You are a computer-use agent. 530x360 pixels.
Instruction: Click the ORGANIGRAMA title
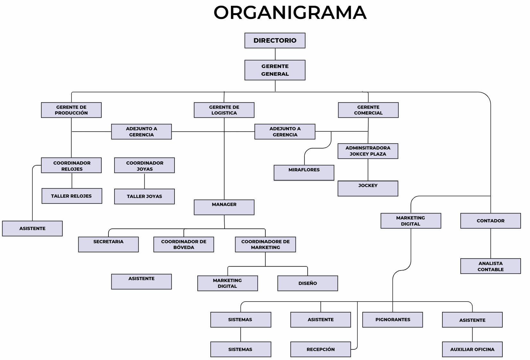[x=290, y=13]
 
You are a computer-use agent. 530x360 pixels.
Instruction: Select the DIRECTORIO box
[x=275, y=40]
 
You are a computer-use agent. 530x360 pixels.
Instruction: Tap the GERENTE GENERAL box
[x=275, y=70]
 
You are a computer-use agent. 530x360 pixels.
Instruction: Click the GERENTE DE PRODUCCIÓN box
[x=71, y=110]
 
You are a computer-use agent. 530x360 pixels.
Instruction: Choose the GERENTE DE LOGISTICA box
[x=224, y=110]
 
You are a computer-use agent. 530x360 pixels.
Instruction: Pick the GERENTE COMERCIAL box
[x=368, y=110]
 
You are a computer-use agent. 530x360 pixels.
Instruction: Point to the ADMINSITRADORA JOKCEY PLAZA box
[x=368, y=151]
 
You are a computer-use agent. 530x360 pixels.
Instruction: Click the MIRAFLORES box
[x=304, y=173]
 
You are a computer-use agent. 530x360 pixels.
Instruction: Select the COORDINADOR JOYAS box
[x=144, y=165]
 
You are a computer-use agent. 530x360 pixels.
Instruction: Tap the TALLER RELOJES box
[x=72, y=196]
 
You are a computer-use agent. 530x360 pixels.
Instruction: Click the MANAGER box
[x=224, y=207]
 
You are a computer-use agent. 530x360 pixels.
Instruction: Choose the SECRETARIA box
[x=108, y=244]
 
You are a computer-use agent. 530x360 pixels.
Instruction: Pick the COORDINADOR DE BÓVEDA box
[x=184, y=244]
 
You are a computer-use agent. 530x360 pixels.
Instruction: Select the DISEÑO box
[x=307, y=283]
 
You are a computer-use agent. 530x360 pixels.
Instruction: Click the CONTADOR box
[x=490, y=221]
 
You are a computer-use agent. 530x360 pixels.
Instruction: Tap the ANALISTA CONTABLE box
[x=490, y=266]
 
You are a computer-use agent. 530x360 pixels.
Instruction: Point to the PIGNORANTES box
[x=392, y=320]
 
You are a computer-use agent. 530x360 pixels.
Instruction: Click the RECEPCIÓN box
[x=321, y=349]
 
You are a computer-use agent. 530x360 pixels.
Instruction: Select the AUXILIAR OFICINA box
[x=472, y=349]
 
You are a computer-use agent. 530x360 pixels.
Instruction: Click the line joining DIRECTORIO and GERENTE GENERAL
[x=275, y=54]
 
